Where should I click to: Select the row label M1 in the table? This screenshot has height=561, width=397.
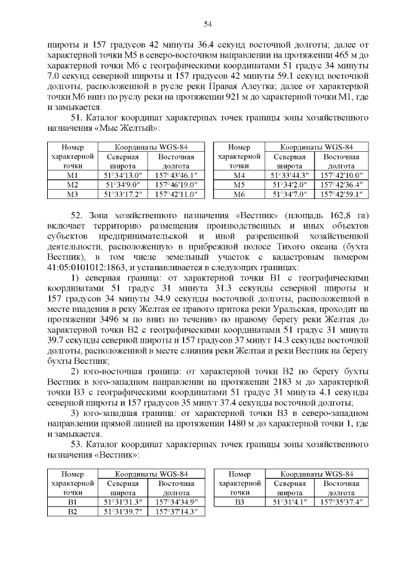[x=72, y=176]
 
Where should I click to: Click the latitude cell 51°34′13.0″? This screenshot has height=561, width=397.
[x=123, y=176]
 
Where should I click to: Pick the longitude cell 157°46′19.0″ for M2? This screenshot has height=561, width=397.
[x=176, y=185]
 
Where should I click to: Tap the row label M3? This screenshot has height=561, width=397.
[x=72, y=195]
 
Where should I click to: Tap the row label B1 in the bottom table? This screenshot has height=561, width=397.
[x=72, y=501]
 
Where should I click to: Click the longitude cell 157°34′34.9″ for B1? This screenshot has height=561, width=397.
[x=176, y=501]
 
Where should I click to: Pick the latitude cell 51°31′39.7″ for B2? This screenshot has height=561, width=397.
[x=123, y=511]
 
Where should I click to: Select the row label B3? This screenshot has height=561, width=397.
[x=239, y=501]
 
